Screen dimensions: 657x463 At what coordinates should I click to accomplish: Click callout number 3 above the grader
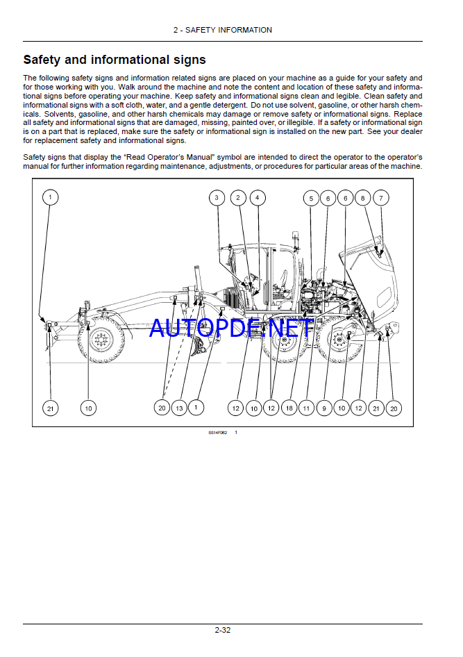click(217, 198)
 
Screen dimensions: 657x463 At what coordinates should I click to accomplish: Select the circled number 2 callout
click(238, 198)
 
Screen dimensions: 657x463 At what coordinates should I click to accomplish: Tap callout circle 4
click(257, 198)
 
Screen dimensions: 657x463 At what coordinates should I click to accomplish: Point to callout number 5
click(310, 199)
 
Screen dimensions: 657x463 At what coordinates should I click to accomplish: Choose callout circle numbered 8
click(362, 198)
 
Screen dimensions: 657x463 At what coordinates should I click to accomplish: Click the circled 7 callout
click(380, 198)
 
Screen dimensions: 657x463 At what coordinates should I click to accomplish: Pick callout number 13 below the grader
click(179, 408)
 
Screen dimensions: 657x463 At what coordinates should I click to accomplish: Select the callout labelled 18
click(289, 408)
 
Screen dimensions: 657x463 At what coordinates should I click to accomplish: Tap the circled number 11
click(305, 408)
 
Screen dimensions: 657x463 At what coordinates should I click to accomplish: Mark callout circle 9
click(324, 408)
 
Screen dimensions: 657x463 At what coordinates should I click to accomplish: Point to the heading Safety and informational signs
click(115, 60)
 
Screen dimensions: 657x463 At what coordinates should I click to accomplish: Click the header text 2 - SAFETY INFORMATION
click(222, 30)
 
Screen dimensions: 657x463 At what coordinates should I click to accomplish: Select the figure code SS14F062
click(217, 433)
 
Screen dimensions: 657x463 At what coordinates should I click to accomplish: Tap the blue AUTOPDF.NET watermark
click(231, 328)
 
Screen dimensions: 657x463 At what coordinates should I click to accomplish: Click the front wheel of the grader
click(101, 341)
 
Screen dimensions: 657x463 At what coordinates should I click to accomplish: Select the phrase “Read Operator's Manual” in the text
click(151, 158)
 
